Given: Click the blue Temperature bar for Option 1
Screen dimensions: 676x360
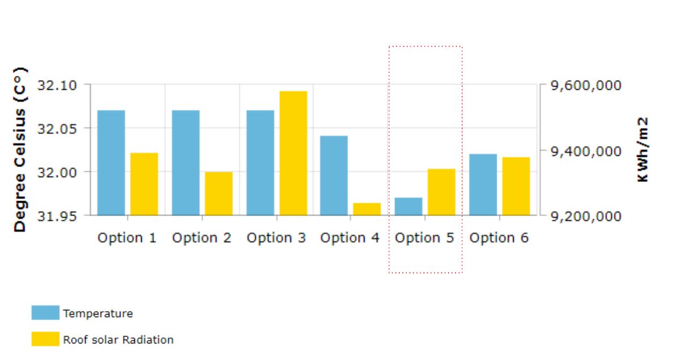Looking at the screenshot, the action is click(x=111, y=163).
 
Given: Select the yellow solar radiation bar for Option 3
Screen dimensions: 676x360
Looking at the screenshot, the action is click(x=293, y=153).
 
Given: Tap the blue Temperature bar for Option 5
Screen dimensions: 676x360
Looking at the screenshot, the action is click(x=408, y=206).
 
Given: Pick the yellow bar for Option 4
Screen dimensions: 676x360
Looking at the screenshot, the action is click(x=367, y=209).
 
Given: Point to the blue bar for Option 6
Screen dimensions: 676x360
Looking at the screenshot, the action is click(x=483, y=185).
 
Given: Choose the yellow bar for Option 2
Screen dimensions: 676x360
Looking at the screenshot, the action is click(x=219, y=194).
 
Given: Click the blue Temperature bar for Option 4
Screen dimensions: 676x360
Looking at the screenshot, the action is click(x=334, y=175).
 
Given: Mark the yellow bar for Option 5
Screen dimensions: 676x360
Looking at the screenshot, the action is click(x=442, y=192).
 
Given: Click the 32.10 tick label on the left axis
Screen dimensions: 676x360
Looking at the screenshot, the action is click(x=57, y=86).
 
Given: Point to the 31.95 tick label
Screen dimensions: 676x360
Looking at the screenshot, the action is click(x=57, y=217).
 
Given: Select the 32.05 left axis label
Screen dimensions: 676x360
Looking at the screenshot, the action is click(x=57, y=129).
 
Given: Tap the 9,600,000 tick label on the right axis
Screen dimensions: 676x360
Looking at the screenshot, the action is click(x=586, y=86).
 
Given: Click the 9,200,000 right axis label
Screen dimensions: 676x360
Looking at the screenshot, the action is click(x=586, y=217).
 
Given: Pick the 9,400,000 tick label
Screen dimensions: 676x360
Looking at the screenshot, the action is click(x=586, y=151).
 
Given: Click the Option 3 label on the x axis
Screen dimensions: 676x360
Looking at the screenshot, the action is click(x=276, y=238).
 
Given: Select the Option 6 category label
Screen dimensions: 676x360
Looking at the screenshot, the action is click(x=499, y=238).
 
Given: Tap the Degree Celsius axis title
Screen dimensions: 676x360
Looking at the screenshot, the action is click(x=20, y=150).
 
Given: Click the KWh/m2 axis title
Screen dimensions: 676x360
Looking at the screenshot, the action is click(x=643, y=150).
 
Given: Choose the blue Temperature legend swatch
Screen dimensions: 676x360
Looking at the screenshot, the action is click(x=45, y=313).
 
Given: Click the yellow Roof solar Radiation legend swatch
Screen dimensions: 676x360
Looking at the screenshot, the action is click(x=45, y=339).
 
